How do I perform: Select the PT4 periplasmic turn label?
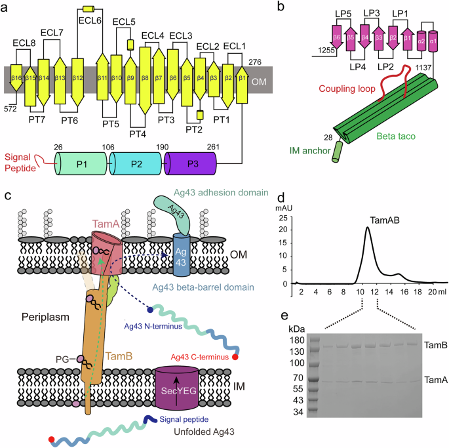click(138, 134)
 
